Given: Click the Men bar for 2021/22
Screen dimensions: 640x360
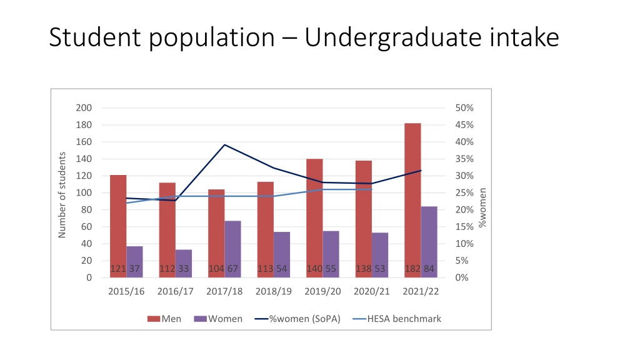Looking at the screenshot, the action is pos(412,201).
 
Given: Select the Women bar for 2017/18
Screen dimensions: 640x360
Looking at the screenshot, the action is pos(232,249).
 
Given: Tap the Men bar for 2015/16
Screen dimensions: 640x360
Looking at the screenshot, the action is pos(118,226).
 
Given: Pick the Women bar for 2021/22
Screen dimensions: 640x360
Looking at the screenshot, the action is pos(429,242).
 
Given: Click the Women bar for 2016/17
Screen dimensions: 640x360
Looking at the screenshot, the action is pos(184,264).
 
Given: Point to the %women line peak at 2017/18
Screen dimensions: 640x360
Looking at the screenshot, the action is pos(224,145).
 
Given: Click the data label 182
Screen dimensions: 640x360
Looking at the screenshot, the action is pos(412,269).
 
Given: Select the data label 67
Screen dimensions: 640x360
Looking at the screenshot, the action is pos(232,269).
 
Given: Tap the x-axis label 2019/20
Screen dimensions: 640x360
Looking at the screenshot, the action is pos(322,291).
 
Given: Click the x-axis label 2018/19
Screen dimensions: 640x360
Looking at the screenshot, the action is pos(274,291).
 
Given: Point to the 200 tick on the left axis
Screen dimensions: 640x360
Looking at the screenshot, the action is pos(84,107).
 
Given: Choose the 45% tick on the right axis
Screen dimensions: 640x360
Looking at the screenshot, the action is pos(464,125).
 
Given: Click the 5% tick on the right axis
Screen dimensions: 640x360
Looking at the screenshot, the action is pos(462,261).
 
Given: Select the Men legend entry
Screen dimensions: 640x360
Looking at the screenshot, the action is pos(164,319).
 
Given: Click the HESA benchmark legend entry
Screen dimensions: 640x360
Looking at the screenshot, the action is pos(397,319).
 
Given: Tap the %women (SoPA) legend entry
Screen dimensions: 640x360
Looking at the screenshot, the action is pos(297,319).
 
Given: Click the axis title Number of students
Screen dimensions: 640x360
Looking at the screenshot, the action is pos(62,195).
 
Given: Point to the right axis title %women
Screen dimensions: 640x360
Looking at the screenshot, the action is pos(482,207).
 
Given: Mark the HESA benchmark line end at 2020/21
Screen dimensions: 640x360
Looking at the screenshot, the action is pos(372,189).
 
